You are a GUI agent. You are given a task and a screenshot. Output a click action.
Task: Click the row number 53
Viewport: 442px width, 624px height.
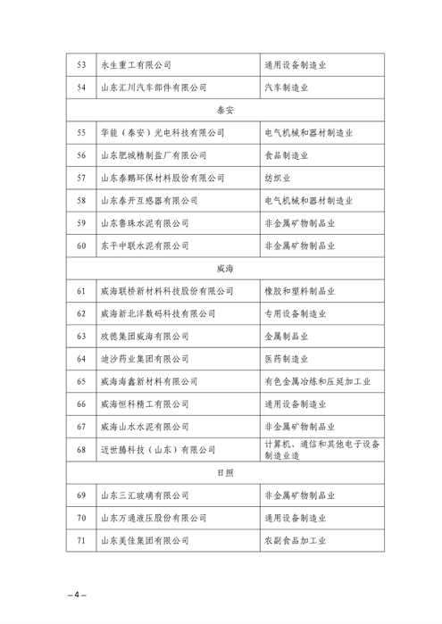coord(82,64)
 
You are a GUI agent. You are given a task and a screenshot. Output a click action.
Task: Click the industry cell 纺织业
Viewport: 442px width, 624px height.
coord(279,178)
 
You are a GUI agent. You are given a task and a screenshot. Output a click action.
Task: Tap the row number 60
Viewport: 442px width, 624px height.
coord(82,245)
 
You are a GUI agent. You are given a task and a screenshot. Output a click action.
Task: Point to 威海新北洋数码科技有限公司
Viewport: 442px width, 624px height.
coord(159,313)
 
